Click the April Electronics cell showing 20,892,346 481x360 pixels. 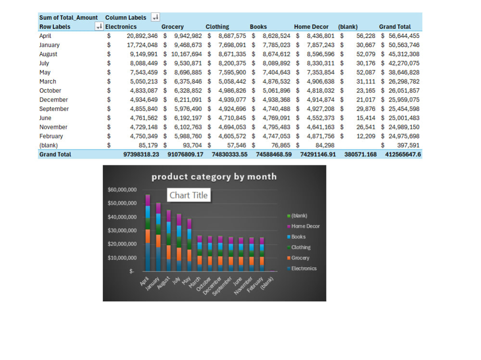[x=142, y=36]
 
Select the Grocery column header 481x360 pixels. [x=172, y=27]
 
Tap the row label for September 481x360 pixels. [x=54, y=109]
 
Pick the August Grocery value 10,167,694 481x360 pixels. [x=186, y=54]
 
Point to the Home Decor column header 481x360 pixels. [x=311, y=27]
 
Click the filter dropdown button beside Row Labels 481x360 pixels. [x=99, y=27]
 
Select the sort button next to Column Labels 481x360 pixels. [x=155, y=17]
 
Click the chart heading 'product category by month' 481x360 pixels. [x=214, y=176]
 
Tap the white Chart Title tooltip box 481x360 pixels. [x=189, y=195]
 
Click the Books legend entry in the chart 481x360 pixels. [x=296, y=237]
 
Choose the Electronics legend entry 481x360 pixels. [x=302, y=268]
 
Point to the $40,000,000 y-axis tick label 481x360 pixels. [x=122, y=217]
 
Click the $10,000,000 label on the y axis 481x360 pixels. [x=122, y=258]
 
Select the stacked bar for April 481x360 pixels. [x=148, y=233]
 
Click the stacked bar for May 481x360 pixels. [x=189, y=245]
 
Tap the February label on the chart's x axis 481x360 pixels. [x=255, y=284]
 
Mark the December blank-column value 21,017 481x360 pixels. [x=366, y=99]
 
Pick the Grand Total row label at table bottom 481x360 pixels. [x=55, y=154]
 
